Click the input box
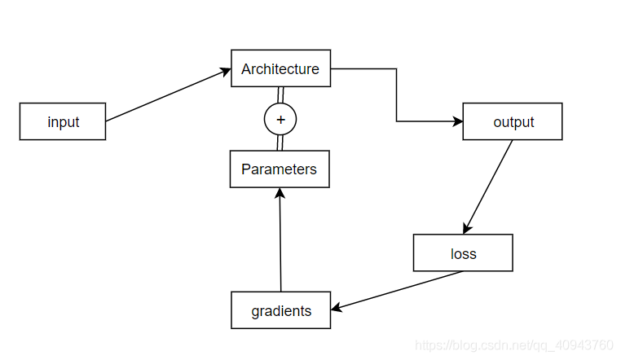[x=63, y=121]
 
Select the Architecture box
[x=280, y=68]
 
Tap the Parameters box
[x=280, y=169]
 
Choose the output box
[x=513, y=121]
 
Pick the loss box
[x=463, y=253]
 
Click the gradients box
[x=280, y=310]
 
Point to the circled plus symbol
[x=280, y=119]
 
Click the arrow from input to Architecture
[x=167, y=95]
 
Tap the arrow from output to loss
[x=488, y=187]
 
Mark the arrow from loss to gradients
[x=399, y=289]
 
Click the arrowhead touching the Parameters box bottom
[x=280, y=193]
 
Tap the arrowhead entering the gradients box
[x=337, y=307]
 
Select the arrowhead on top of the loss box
[x=466, y=229]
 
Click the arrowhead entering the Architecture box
[x=226, y=72]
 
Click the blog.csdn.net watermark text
[x=513, y=345]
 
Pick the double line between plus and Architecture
[x=280, y=94]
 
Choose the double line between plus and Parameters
[x=280, y=143]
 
